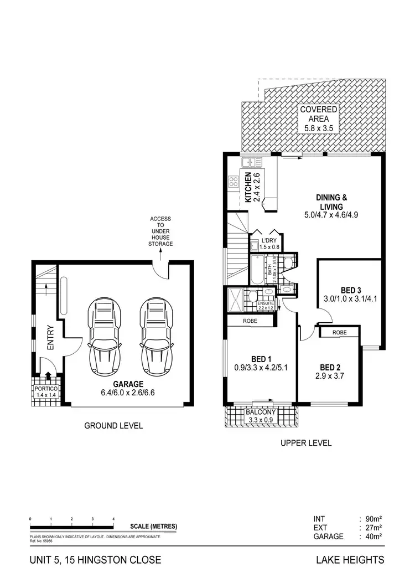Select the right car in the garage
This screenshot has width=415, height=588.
155,337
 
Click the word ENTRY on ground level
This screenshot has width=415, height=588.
50,337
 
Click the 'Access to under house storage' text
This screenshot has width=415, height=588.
161,231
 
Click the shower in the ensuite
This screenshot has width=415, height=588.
235,300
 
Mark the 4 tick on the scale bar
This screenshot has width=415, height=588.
113,519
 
